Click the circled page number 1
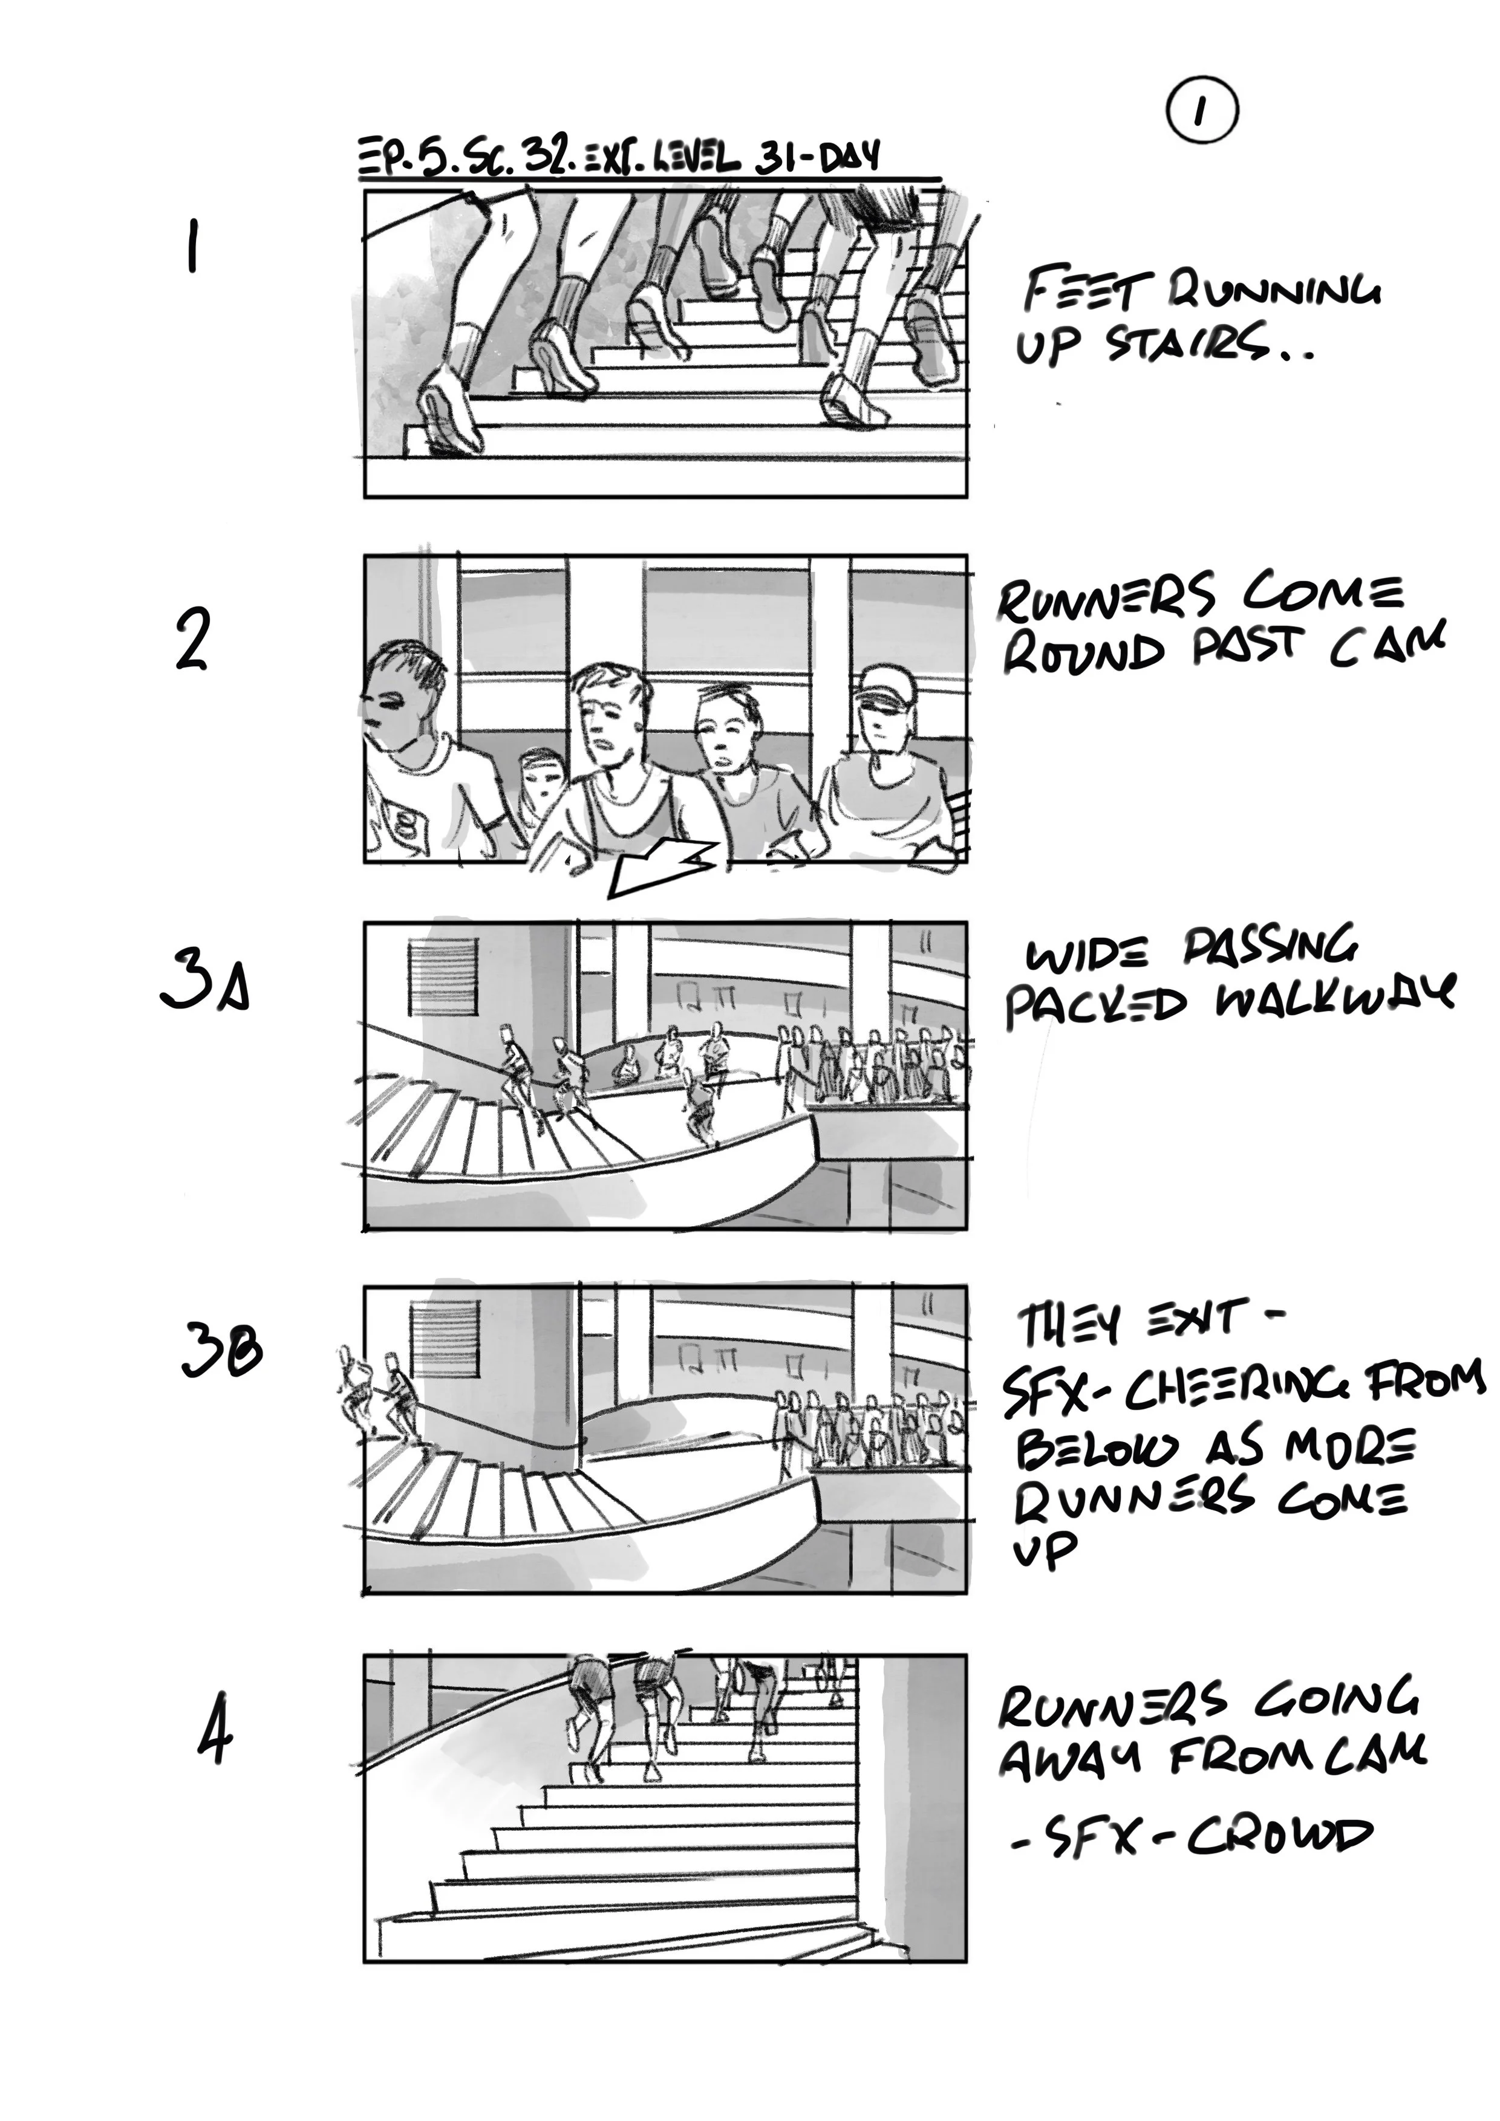pyautogui.click(x=1201, y=112)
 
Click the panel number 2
pyautogui.click(x=192, y=640)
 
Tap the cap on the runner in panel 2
pyautogui.click(x=885, y=686)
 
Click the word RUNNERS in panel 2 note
pyautogui.click(x=1106, y=595)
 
